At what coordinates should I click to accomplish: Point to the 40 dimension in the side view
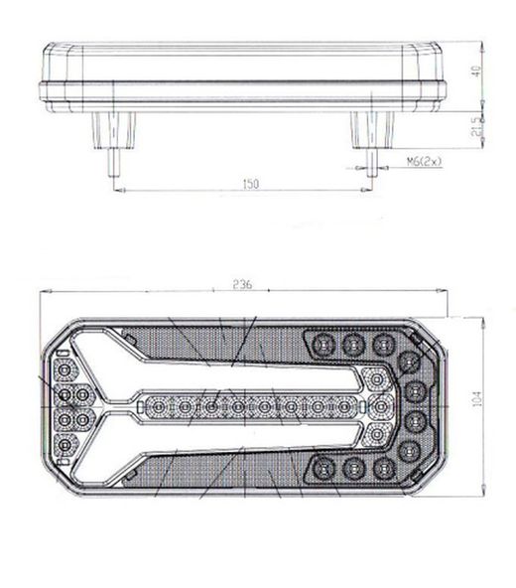[x=476, y=73]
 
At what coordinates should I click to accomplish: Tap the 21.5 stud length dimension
[x=476, y=126]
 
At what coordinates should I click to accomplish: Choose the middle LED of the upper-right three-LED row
[x=352, y=344]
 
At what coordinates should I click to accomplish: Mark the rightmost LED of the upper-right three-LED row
[x=382, y=344]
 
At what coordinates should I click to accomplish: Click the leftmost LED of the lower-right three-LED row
[x=322, y=467]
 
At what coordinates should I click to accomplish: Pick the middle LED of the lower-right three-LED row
[x=352, y=467]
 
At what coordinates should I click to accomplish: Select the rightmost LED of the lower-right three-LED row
[x=382, y=467]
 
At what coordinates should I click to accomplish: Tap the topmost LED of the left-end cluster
[x=64, y=370]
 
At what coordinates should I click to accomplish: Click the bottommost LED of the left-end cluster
[x=64, y=443]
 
